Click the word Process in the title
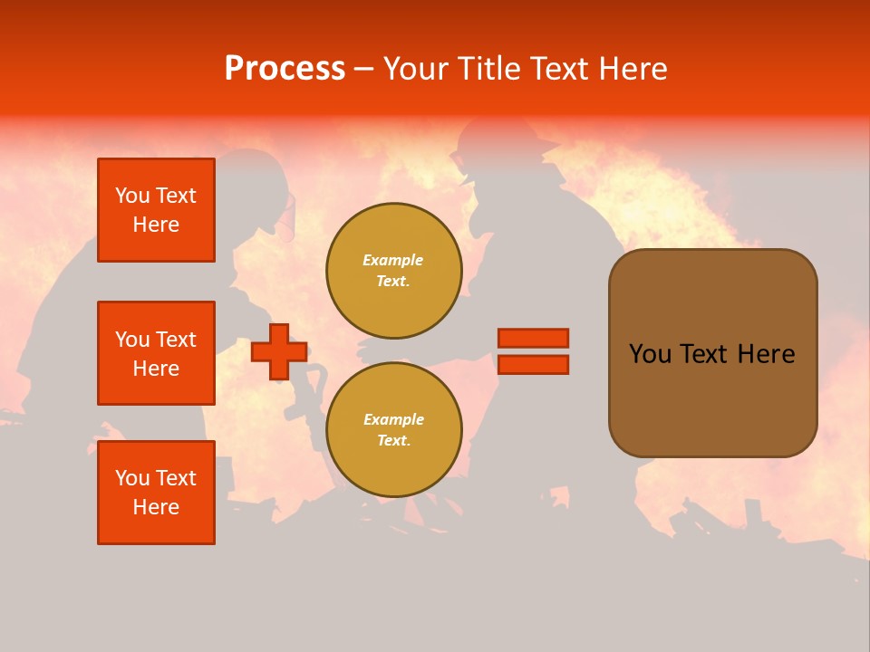285,69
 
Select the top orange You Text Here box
156,210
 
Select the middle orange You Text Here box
156,353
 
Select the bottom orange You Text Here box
156,493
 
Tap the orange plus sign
279,351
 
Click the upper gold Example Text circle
393,271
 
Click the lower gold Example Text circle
393,430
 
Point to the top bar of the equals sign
533,338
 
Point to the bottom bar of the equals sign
533,364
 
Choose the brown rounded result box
712,352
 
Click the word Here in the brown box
766,354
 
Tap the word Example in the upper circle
393,260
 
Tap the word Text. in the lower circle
393,441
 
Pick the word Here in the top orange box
156,225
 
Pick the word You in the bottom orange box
132,478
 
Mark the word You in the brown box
650,354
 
